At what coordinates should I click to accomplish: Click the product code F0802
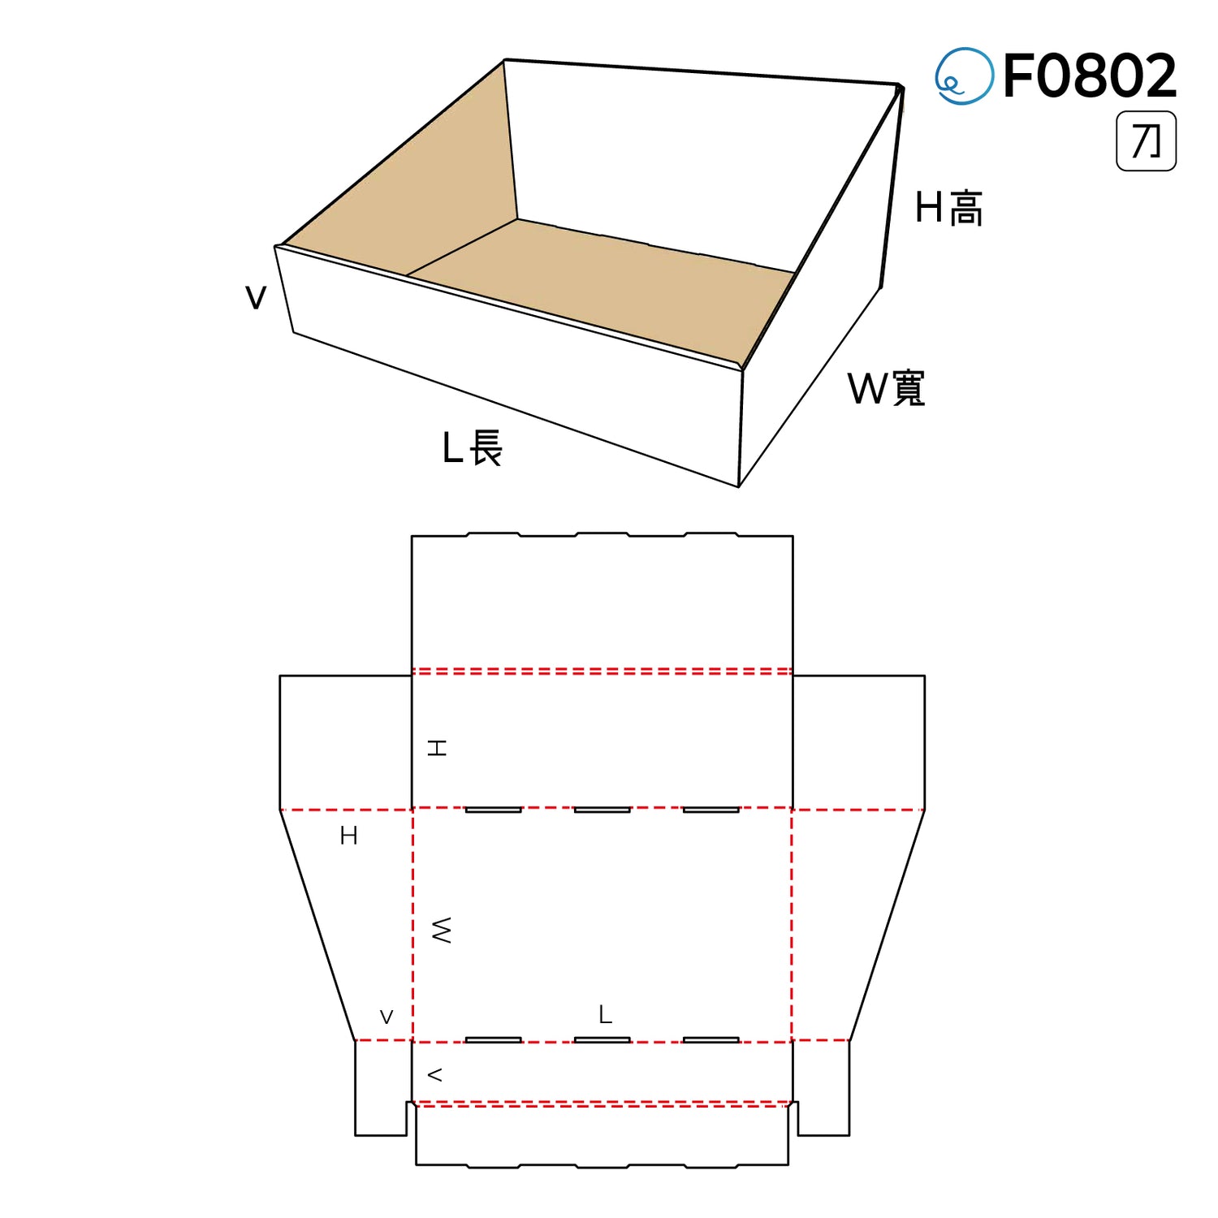tap(1090, 76)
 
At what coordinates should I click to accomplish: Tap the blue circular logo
tap(964, 76)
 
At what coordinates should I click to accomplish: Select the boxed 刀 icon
tap(1146, 141)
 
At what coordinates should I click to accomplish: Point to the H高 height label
tap(948, 208)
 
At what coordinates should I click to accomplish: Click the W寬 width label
tap(887, 388)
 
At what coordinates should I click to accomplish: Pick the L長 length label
tap(473, 448)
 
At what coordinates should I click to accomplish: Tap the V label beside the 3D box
tap(256, 298)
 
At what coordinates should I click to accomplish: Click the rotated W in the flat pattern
tap(441, 931)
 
